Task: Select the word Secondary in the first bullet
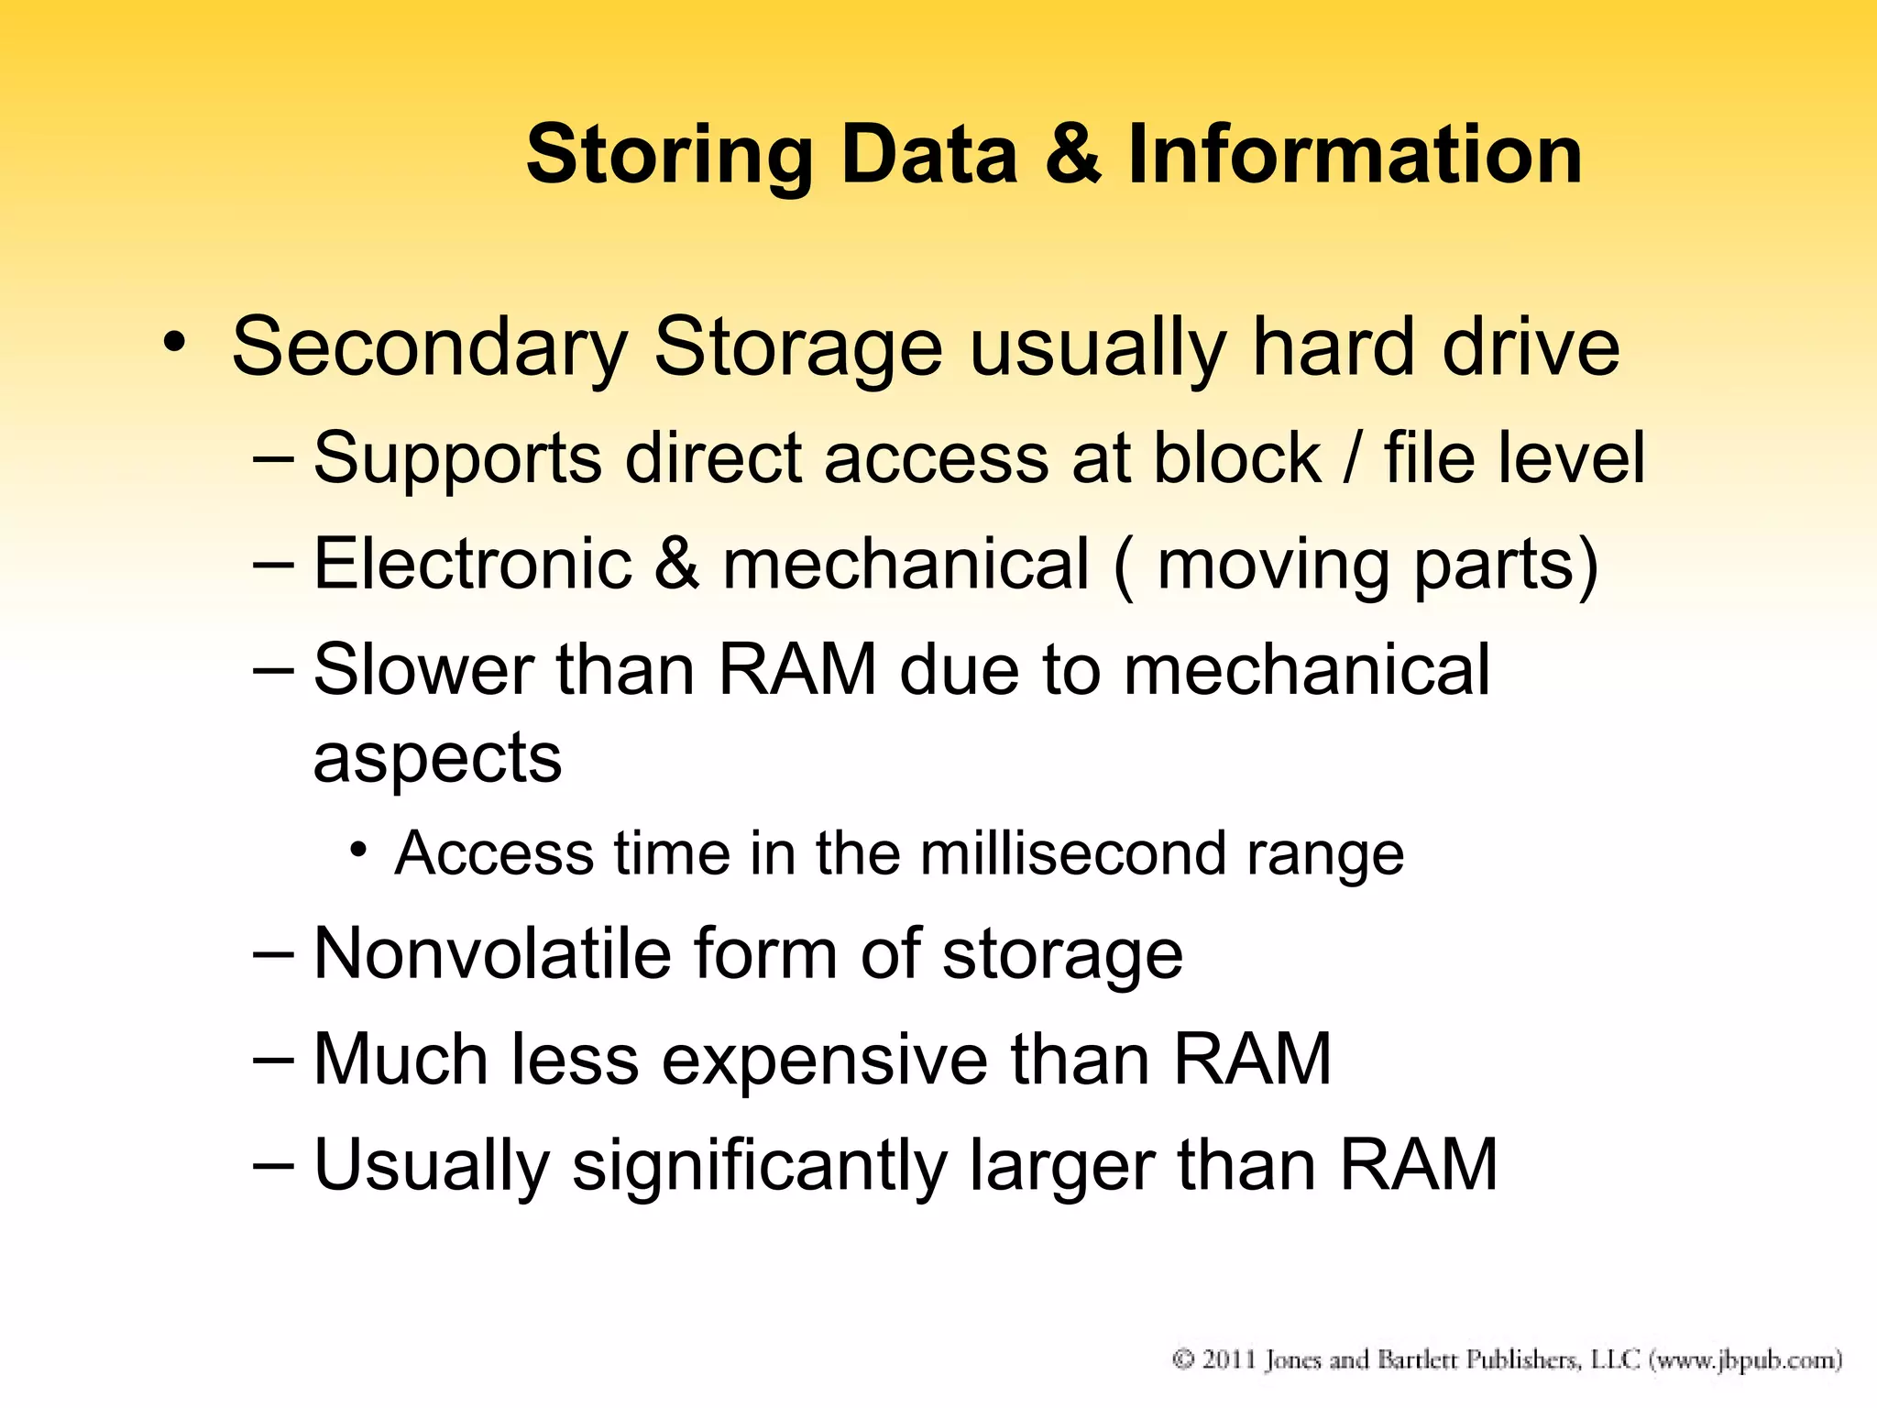429,348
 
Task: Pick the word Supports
457,458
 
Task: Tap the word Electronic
472,563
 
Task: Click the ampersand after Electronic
676,563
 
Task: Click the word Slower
423,669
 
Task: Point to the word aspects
437,759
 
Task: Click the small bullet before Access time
358,850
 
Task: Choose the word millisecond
1072,853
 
